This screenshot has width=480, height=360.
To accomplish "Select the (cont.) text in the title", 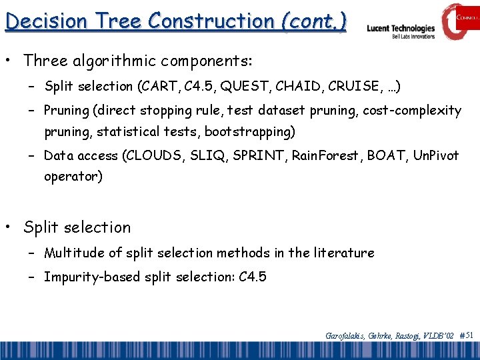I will click(x=313, y=21).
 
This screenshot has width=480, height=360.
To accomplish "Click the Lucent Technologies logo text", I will click(x=401, y=29).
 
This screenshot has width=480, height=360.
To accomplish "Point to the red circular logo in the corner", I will click(x=460, y=20).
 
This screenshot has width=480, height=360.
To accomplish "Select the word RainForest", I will click(x=325, y=155).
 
